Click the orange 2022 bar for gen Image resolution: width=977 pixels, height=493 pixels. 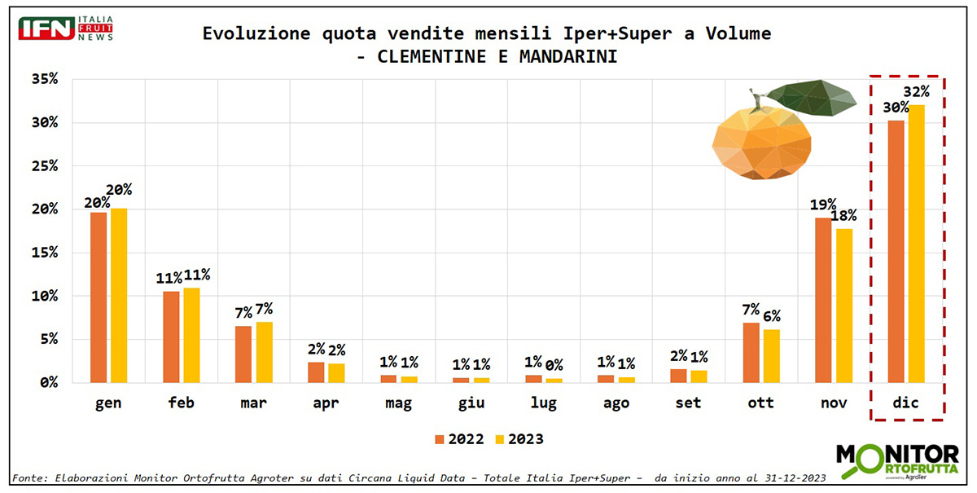coord(99,297)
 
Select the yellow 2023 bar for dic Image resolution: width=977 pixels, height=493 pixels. coord(916,244)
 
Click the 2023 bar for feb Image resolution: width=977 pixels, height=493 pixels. coord(191,335)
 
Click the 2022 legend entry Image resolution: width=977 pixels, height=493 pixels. coord(459,439)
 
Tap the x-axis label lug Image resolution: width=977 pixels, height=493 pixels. coord(544,403)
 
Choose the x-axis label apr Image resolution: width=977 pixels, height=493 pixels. coord(326,403)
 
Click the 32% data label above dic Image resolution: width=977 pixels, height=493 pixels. coord(917,90)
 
